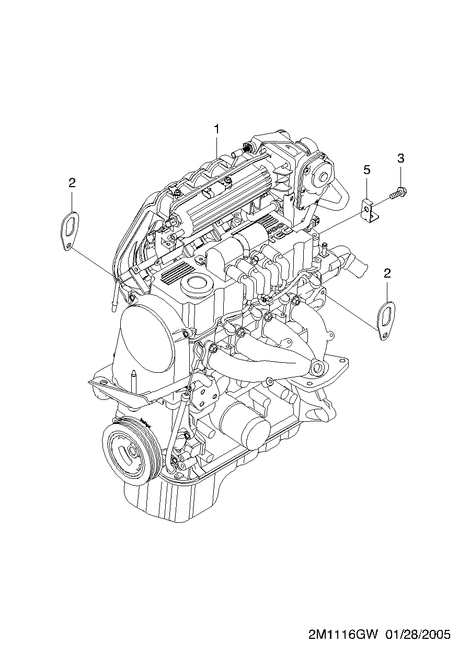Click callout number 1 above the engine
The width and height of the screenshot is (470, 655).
pyautogui.click(x=216, y=129)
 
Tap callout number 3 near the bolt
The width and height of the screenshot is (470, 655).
pyautogui.click(x=400, y=158)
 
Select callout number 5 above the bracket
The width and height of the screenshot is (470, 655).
pyautogui.click(x=367, y=169)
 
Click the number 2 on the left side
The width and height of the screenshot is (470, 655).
pyautogui.click(x=72, y=183)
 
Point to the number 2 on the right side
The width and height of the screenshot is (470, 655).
pyautogui.click(x=387, y=273)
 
